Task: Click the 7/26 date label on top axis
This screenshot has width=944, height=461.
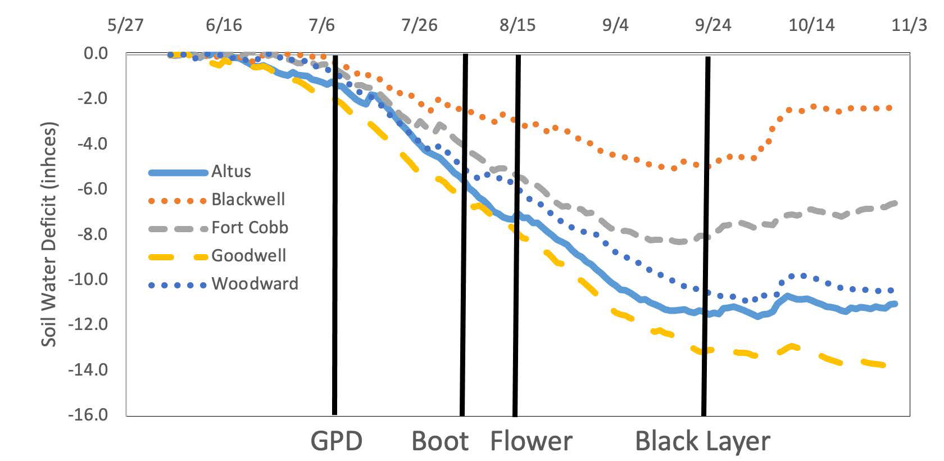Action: coord(420,26)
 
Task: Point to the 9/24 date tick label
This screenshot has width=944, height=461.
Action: coord(713,26)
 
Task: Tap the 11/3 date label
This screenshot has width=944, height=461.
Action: coord(909,26)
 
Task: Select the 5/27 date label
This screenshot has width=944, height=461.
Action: coord(126,26)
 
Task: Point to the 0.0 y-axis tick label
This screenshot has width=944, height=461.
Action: coord(96,53)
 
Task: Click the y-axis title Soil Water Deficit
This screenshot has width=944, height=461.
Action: coord(49,234)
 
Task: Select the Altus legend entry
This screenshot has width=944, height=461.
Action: coord(231,171)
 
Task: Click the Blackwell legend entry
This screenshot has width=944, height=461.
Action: coord(248,199)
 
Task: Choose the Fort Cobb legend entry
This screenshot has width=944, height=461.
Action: coord(249,227)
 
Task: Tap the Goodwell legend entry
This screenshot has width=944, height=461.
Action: coord(248,255)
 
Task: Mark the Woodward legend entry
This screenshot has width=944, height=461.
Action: coord(255,283)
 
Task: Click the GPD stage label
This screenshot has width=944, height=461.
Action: coord(336,441)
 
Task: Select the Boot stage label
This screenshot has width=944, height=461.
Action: coord(440,441)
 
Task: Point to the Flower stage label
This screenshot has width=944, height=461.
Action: coord(531,441)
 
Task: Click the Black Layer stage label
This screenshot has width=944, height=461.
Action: coord(702,441)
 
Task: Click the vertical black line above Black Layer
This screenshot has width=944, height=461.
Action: coord(706,236)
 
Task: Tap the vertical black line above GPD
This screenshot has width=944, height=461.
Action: coord(335,236)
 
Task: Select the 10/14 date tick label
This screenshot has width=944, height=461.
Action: coord(811,26)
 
